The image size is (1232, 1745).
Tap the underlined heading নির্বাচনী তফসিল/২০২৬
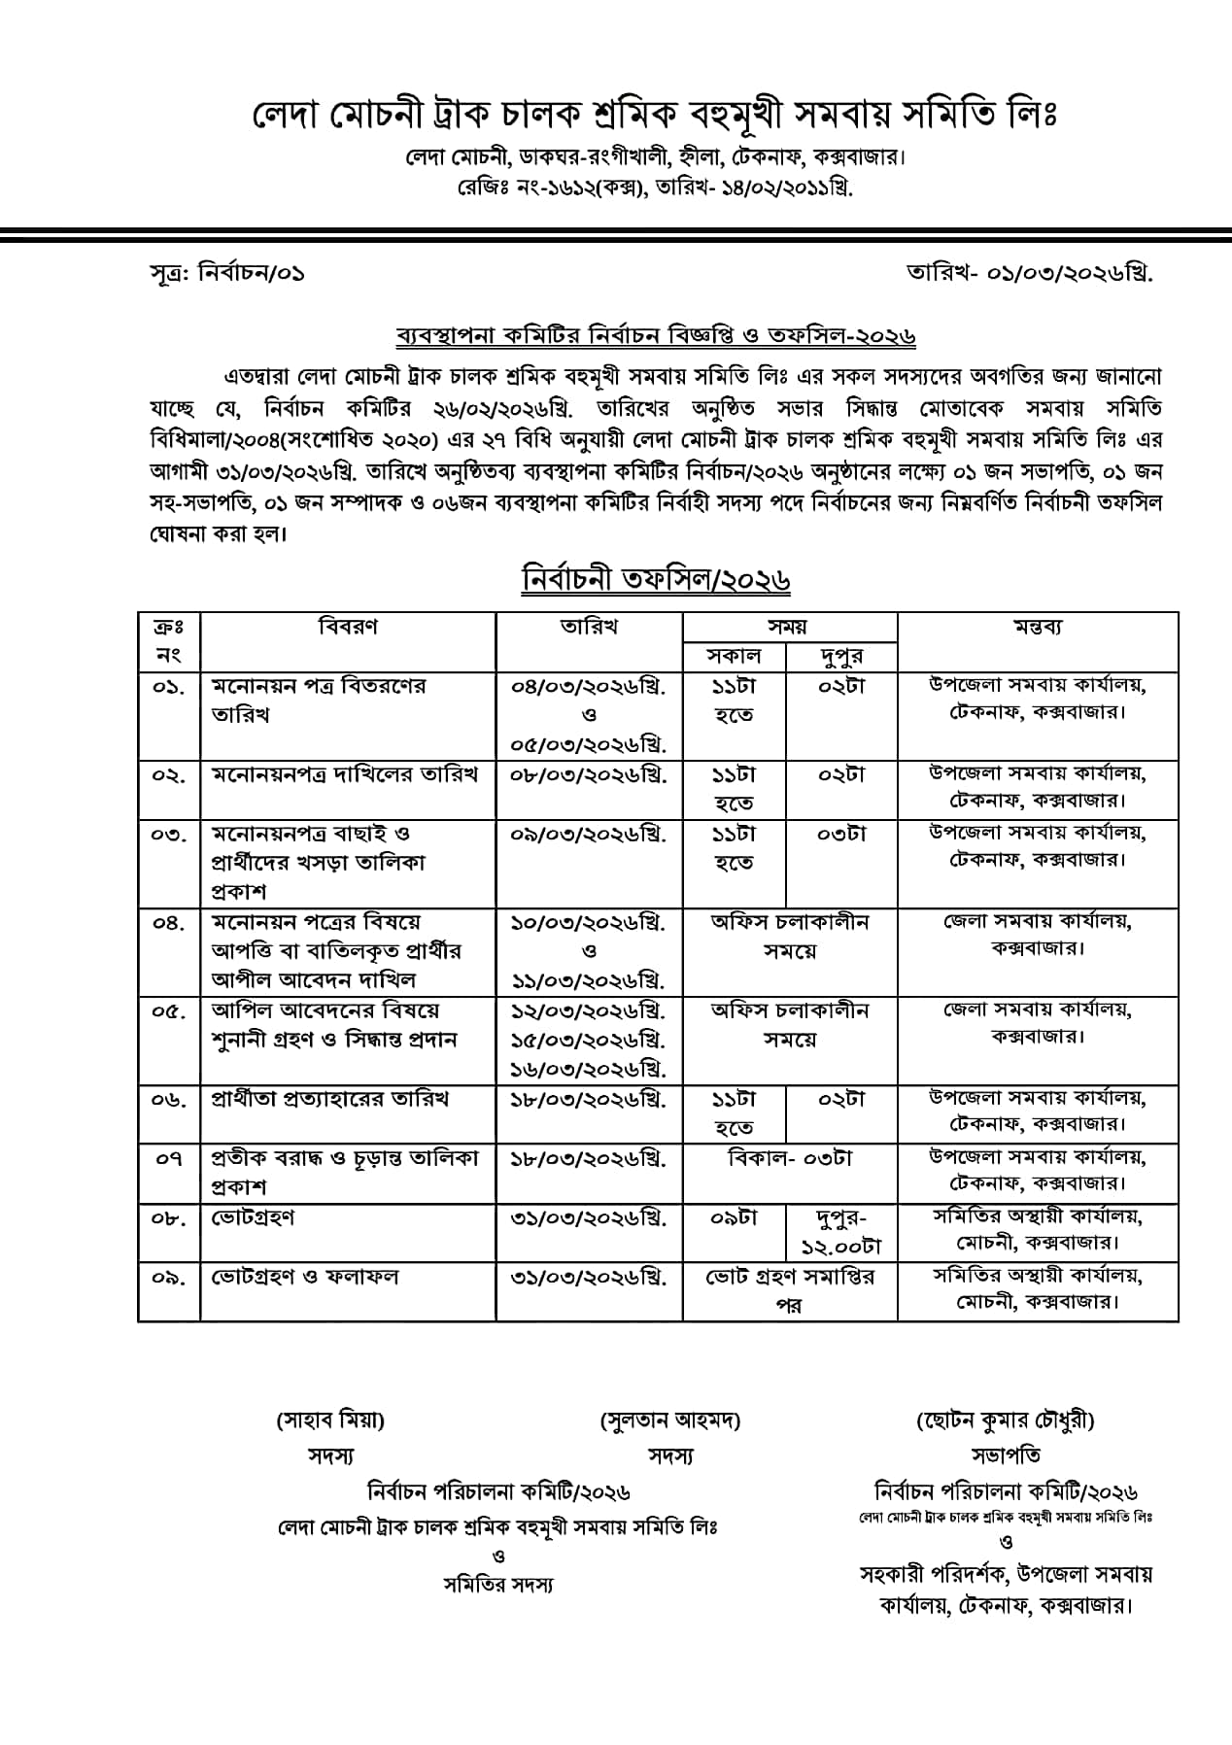[656, 579]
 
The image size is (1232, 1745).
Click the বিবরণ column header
[348, 627]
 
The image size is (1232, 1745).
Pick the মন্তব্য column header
[1037, 627]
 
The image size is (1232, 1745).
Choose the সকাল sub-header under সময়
[734, 656]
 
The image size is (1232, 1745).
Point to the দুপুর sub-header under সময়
[840, 656]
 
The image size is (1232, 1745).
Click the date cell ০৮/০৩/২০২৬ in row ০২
[589, 775]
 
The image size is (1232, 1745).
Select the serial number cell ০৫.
[169, 1011]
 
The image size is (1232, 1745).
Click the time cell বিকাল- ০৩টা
[790, 1158]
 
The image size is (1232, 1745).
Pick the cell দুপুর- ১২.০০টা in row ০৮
[840, 1231]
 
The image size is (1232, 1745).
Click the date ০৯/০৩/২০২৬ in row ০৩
[589, 834]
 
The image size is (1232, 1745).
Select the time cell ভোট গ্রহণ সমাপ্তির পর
[790, 1290]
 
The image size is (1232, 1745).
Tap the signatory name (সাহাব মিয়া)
[330, 1420]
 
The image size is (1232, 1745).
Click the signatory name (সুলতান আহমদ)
[670, 1420]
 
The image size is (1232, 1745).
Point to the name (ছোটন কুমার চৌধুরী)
[1006, 1420]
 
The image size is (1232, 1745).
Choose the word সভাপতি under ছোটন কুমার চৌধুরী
[1006, 1455]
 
